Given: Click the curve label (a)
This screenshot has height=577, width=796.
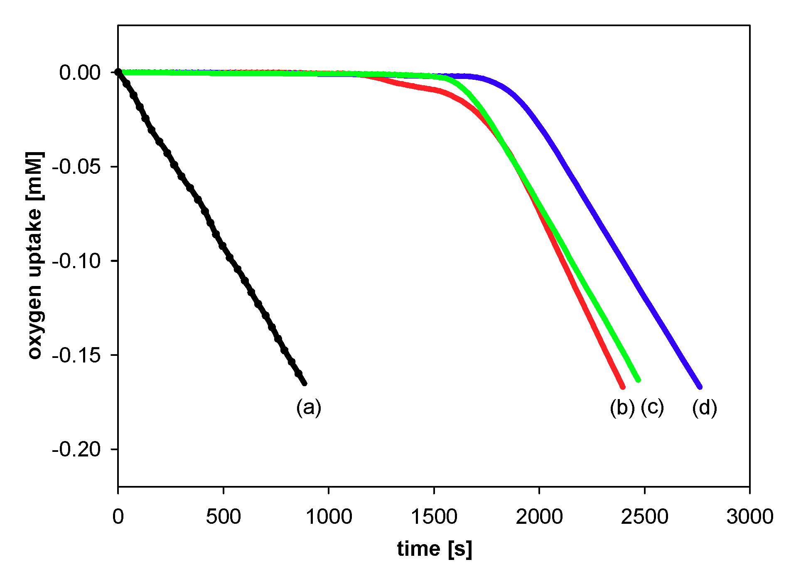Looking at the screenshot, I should pyautogui.click(x=309, y=407).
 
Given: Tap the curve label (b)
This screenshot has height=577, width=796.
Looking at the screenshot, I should pyautogui.click(x=622, y=407).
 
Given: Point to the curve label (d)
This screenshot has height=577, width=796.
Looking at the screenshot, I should pyautogui.click(x=705, y=407).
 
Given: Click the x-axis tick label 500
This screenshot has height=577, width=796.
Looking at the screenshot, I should pyautogui.click(x=223, y=517).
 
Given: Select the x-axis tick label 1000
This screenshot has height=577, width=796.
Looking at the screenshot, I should pyautogui.click(x=329, y=517).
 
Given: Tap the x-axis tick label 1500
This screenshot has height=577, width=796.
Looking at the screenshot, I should pyautogui.click(x=434, y=517).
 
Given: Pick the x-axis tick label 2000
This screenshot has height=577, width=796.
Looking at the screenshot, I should pyautogui.click(x=539, y=517).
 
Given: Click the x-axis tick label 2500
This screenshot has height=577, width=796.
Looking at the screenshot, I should pyautogui.click(x=644, y=517).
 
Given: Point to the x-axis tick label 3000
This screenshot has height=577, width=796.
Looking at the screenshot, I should pyautogui.click(x=749, y=517).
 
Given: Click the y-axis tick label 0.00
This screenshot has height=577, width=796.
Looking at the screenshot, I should pyautogui.click(x=80, y=73).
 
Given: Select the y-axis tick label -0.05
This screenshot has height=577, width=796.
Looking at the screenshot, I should pyautogui.click(x=76, y=167).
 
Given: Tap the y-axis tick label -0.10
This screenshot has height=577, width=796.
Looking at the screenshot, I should pyautogui.click(x=76, y=261).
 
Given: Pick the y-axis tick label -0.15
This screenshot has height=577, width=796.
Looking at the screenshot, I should pyautogui.click(x=76, y=355).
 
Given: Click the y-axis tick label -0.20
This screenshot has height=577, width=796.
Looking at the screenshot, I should pyautogui.click(x=76, y=449).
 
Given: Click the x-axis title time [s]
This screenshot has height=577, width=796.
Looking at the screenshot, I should pyautogui.click(x=434, y=549).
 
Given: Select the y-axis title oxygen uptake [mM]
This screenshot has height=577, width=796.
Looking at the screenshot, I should pyautogui.click(x=35, y=256).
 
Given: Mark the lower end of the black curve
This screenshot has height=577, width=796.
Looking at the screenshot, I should pyautogui.click(x=305, y=383).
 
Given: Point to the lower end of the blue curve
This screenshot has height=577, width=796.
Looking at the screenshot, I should pyautogui.click(x=700, y=387).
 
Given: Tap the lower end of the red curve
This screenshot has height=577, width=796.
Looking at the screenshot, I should pyautogui.click(x=623, y=387).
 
